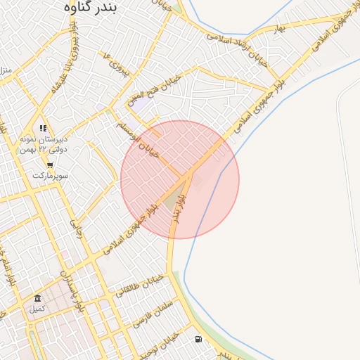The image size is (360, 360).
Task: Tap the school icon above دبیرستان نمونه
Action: coord(43,129)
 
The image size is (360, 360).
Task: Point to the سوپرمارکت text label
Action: coord(49,175)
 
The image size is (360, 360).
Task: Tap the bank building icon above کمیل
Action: coord(37,299)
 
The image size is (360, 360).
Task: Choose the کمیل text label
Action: coord(37,309)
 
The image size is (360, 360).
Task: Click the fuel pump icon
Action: coord(198,340)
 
